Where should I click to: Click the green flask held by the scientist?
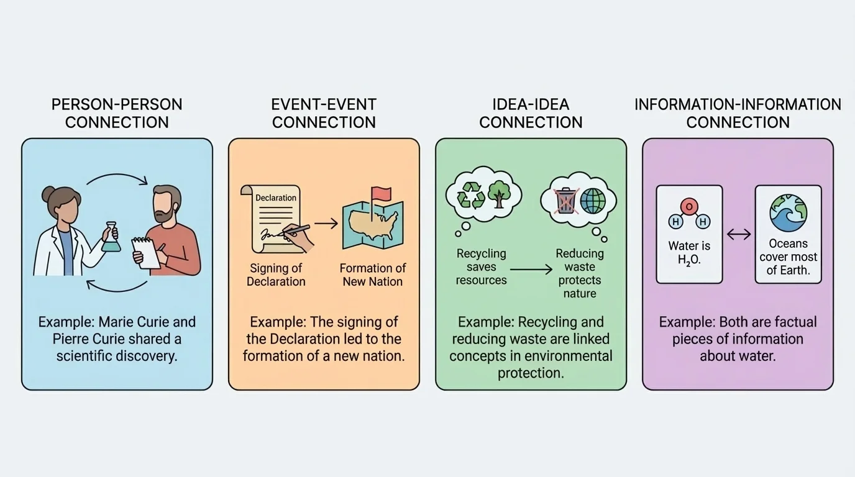pos(111,240)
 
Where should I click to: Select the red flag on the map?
pos(379,194)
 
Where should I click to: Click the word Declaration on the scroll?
pos(276,198)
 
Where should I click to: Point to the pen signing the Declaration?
pos(298,231)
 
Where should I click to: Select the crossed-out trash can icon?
pos(565,201)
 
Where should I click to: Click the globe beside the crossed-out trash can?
pos(593,201)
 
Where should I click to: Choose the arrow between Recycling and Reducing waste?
pos(531,269)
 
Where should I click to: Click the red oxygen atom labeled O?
pos(689,207)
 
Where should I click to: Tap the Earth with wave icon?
pos(788,213)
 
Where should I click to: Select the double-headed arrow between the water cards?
pos(739,234)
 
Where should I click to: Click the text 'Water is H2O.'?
pos(689,253)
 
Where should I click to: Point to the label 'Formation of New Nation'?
pos(372,275)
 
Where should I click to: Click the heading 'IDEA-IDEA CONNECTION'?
pos(531,113)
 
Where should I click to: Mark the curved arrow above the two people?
pos(117,179)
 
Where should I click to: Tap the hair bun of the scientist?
pos(48,195)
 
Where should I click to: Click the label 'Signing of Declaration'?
pos(276,275)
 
